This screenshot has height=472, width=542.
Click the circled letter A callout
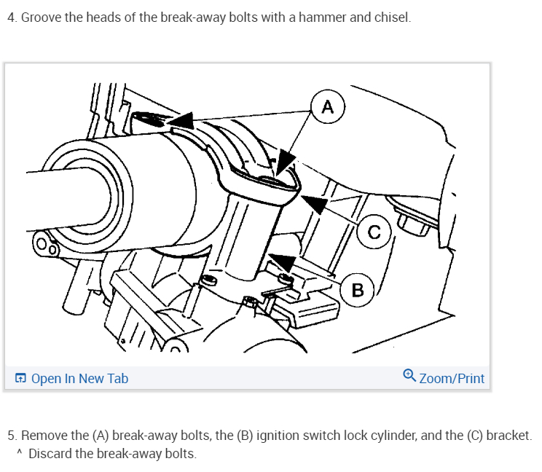(327, 108)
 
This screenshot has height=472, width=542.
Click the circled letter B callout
(357, 289)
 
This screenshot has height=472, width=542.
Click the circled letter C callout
(374, 232)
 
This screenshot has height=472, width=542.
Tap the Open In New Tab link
(79, 378)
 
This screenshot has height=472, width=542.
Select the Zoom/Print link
(452, 378)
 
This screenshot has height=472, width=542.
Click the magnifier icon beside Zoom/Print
(409, 377)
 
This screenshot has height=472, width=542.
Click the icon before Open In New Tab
(20, 378)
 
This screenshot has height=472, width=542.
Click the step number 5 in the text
(11, 436)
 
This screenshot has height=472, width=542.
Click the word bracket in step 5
(508, 436)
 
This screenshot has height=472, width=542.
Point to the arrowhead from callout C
(313, 203)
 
